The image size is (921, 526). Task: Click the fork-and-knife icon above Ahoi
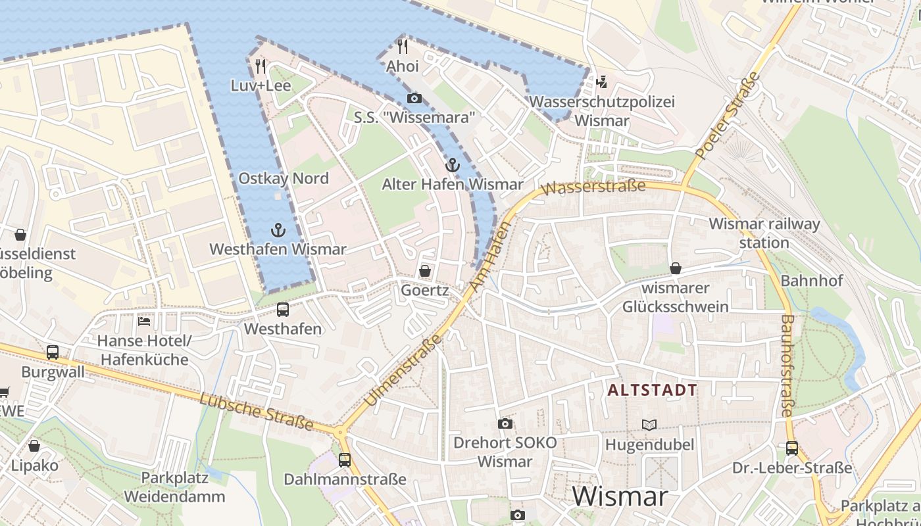click(403, 46)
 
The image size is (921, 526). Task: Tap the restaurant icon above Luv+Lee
click(261, 66)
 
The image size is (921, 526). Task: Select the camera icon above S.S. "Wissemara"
click(414, 99)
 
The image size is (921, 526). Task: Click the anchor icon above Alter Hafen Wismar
click(452, 164)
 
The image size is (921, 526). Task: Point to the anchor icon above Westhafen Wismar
click(278, 229)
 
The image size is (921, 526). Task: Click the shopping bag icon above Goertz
click(425, 271)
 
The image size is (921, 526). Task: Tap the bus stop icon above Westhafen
click(283, 309)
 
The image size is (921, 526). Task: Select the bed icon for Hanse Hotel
click(144, 322)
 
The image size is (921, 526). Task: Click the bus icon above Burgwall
click(53, 352)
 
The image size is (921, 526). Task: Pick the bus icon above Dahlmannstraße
click(345, 460)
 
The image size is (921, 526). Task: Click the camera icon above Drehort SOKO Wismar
click(505, 423)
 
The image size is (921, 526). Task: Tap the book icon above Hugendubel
click(649, 425)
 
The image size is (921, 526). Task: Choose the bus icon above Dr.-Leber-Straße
click(792, 448)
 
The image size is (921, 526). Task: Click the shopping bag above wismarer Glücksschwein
click(676, 268)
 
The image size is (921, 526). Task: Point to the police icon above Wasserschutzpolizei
click(601, 82)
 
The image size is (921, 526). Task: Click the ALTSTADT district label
click(652, 390)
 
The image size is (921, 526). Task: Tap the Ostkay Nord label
click(284, 178)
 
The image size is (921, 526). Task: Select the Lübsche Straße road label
click(257, 412)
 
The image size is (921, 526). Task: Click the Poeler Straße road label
click(728, 116)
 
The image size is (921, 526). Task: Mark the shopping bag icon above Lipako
click(34, 446)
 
